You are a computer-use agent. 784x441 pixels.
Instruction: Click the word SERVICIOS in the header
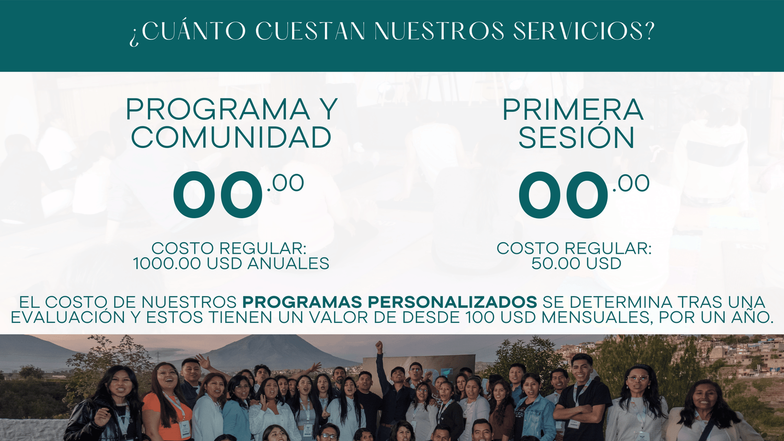pos(579,31)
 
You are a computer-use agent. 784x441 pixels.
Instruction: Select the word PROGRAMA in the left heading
pos(218,110)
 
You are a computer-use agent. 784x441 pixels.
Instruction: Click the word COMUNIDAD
pos(231,137)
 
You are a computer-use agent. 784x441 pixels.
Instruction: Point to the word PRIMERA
pos(573,110)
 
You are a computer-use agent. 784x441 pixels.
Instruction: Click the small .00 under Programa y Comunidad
pos(285,183)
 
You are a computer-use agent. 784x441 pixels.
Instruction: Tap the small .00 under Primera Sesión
pos(631,184)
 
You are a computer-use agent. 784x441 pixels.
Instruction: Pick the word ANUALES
pos(289,264)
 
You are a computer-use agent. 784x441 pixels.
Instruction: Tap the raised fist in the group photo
pos(379,347)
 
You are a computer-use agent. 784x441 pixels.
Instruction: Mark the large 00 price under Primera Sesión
pos(563,195)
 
